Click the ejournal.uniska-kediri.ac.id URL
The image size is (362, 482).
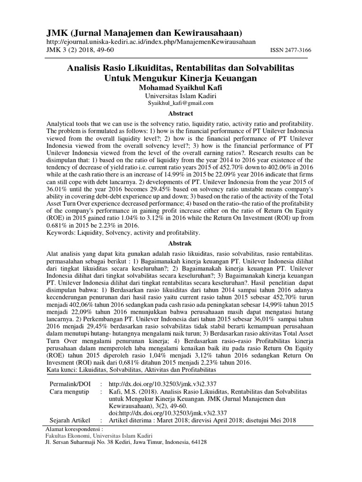pyautogui.click(x=151, y=42)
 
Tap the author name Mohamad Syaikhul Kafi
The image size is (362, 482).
pyautogui.click(x=181, y=88)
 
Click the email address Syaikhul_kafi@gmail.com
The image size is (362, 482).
pyautogui.click(x=181, y=103)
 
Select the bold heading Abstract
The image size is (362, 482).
pyautogui.click(x=181, y=113)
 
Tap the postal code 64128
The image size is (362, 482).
pyautogui.click(x=197, y=443)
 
